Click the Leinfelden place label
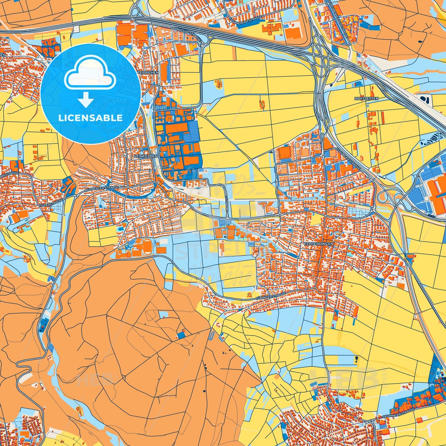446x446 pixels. point(146,156)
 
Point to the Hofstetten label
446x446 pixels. point(367,98)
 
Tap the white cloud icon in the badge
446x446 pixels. point(90,73)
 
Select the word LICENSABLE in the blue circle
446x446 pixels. point(90,118)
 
